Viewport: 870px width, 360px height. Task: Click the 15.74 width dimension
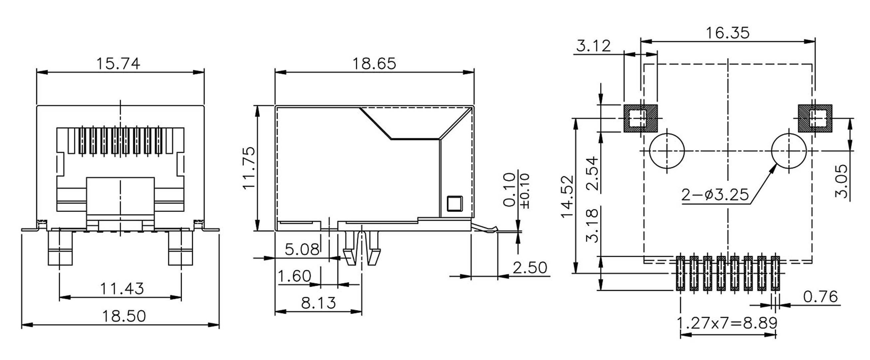click(x=118, y=64)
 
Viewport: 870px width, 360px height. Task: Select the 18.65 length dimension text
click(x=374, y=64)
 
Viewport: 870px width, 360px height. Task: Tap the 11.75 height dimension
click(x=249, y=168)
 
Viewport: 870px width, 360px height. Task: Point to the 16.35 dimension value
click(x=728, y=33)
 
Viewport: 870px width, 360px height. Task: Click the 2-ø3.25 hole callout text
click(x=715, y=195)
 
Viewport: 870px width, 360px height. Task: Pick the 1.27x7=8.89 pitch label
click(x=727, y=323)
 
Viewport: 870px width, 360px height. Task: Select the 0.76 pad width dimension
click(x=820, y=297)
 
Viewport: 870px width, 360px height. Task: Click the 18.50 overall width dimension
click(x=123, y=316)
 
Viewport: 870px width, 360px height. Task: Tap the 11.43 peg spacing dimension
click(x=121, y=289)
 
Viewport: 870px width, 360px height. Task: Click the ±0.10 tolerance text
click(x=526, y=191)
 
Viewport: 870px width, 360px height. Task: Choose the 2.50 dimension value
click(x=530, y=268)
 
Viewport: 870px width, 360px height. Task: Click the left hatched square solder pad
click(x=640, y=118)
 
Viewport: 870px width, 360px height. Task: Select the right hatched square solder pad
click(x=815, y=118)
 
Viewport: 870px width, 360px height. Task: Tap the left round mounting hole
click(x=667, y=151)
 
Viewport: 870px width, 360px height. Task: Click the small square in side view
click(x=455, y=204)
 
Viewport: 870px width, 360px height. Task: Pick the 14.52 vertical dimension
click(x=567, y=197)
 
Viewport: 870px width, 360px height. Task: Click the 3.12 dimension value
click(x=593, y=46)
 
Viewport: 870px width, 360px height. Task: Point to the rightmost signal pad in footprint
click(x=775, y=273)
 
